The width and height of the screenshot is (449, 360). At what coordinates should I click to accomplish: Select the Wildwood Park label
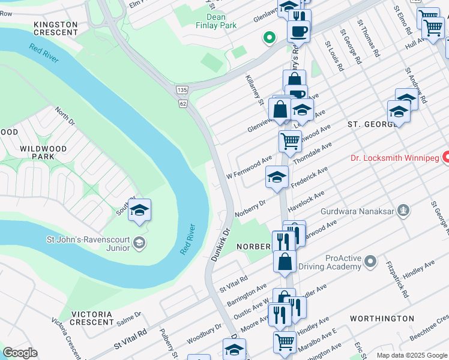[37, 152]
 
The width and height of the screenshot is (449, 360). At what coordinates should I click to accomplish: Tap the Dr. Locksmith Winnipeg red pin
[447, 158]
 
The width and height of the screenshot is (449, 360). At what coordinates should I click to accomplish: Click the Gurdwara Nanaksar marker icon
[405, 211]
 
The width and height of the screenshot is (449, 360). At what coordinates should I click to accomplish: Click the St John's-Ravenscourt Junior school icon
[139, 242]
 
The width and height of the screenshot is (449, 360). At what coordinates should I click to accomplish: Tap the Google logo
[21, 353]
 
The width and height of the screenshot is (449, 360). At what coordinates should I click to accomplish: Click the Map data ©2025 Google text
[411, 355]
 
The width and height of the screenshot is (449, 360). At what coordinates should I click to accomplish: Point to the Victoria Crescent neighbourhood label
[92, 318]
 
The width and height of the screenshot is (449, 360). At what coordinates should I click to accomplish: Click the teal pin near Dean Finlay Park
[270, 38]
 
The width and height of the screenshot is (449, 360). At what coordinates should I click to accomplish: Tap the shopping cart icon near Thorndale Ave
[289, 142]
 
